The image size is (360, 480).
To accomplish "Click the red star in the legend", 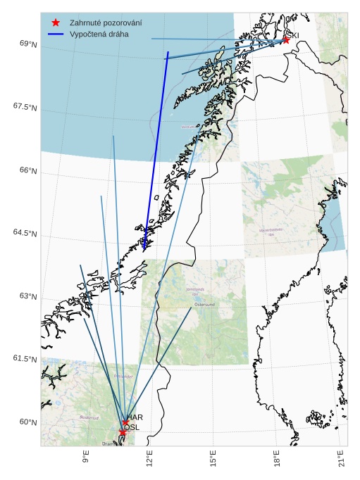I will point(56,23).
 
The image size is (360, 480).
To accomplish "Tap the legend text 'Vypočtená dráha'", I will point(95,34).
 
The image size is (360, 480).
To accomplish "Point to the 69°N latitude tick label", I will point(27,44).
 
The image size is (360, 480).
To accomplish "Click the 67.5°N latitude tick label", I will point(24,107).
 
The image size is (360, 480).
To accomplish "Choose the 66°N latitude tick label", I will point(27,170).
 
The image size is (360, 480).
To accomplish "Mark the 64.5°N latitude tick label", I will point(24,233).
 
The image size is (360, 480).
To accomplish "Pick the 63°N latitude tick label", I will point(27,296).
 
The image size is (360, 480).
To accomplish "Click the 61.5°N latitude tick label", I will point(24,359).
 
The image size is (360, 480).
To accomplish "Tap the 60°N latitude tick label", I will point(27,422).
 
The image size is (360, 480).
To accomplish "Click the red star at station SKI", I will point(286,40).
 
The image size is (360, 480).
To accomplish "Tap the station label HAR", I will point(134,417).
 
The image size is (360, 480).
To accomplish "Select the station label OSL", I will point(132,427).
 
